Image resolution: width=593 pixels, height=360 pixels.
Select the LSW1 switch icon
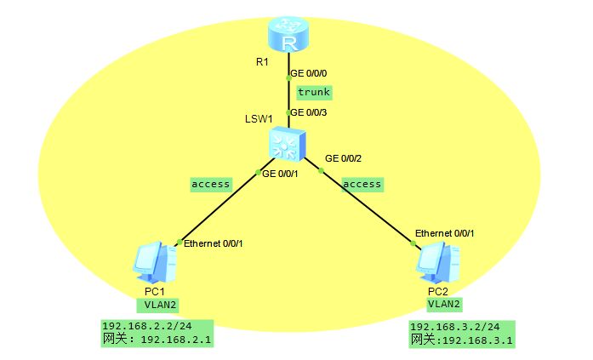pyautogui.click(x=287, y=144)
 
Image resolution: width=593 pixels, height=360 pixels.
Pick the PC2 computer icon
pyautogui.click(x=439, y=263)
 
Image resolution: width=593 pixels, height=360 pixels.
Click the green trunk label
pyautogui.click(x=313, y=92)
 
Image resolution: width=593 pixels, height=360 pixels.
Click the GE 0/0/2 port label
pyautogui.click(x=344, y=158)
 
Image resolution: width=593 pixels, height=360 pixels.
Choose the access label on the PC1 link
pyautogui.click(x=210, y=184)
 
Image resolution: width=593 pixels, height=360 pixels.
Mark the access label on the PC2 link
pyautogui.click(x=362, y=184)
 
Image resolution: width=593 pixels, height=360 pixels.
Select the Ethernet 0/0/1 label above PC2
pyautogui.click(x=445, y=233)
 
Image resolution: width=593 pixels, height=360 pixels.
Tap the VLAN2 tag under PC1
pyautogui.click(x=157, y=304)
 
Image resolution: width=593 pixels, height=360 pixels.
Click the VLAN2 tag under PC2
pyautogui.click(x=445, y=303)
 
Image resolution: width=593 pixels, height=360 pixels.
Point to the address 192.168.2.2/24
pyautogui.click(x=146, y=326)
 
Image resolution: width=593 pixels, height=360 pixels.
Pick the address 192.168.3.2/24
pyautogui.click(x=454, y=327)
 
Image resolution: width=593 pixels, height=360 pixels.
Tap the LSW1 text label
pyautogui.click(x=258, y=117)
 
